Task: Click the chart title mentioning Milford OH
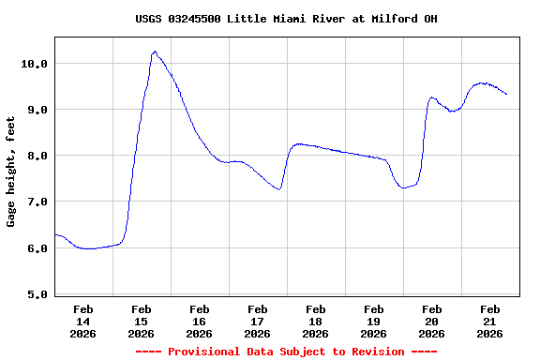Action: coord(285,19)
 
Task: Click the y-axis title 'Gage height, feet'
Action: coord(11,172)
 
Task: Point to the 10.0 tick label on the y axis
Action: coord(34,63)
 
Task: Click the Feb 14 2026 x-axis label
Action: coord(82,321)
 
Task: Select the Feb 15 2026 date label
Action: coord(141,321)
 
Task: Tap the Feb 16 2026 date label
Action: coord(199,321)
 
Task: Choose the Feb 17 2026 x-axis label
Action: coord(257,321)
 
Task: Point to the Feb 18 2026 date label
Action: coord(315,321)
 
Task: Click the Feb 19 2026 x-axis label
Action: coord(373,321)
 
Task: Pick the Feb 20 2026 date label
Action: coord(431,321)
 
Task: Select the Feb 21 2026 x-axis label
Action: coord(489,321)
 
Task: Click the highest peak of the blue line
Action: coord(155,52)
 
